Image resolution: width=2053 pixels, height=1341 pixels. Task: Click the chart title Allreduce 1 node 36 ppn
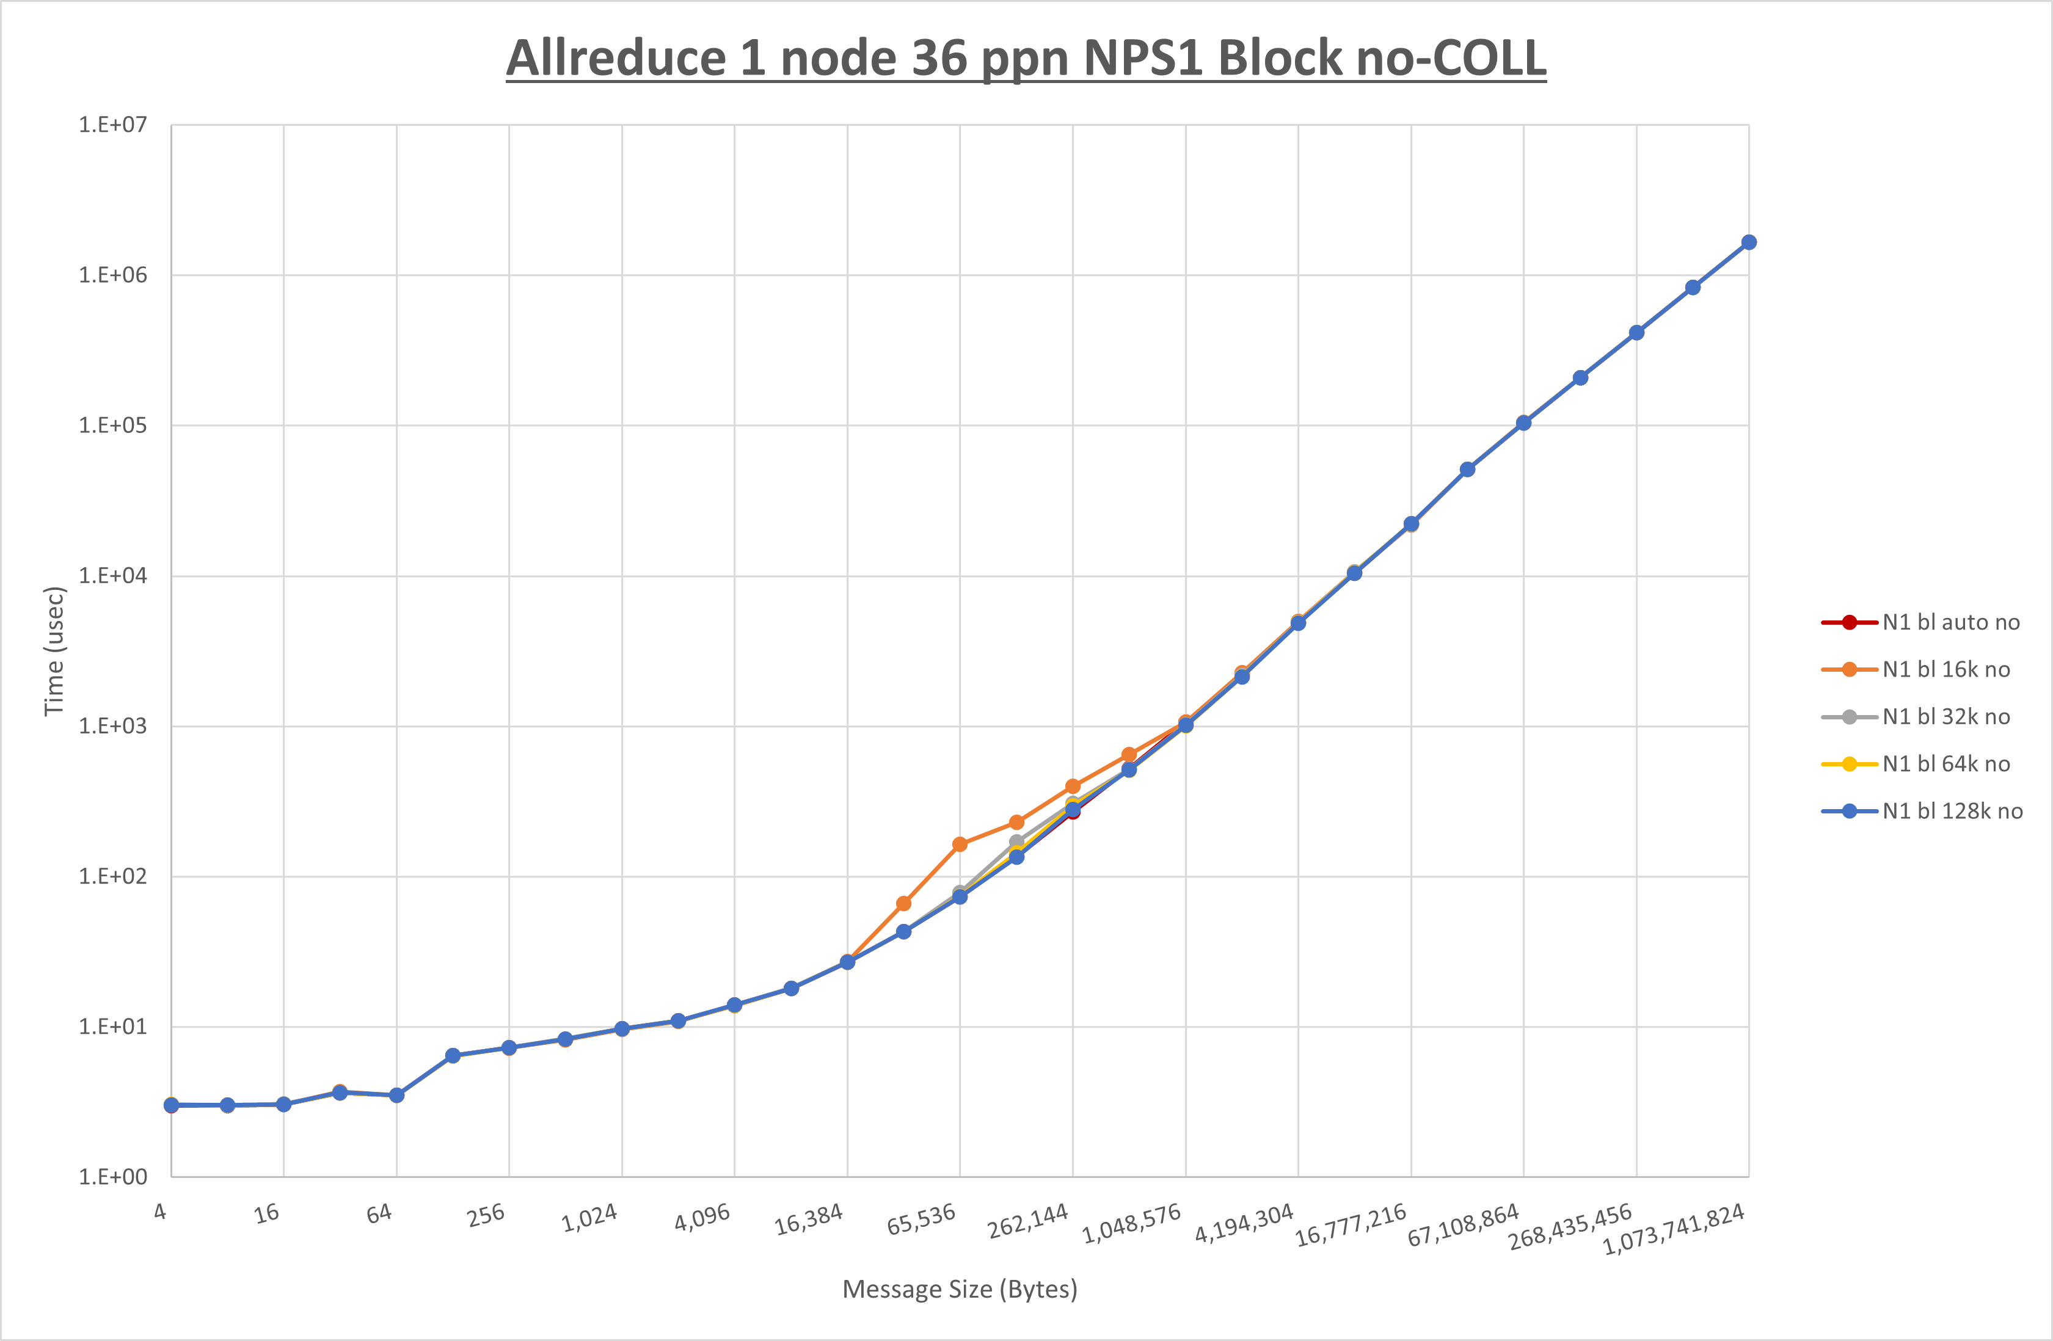[1026, 58]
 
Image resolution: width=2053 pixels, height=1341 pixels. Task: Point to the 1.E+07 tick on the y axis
[113, 125]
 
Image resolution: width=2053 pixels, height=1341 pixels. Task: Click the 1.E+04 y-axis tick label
[113, 575]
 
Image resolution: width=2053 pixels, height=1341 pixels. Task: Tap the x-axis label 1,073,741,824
[1674, 1229]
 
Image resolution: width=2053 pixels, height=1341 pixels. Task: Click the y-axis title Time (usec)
[54, 651]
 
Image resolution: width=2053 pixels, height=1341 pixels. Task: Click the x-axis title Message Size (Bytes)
[959, 1289]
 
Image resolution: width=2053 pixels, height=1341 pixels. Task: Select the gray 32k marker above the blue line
[1016, 841]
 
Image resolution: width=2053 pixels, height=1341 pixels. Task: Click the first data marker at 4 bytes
[172, 1105]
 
